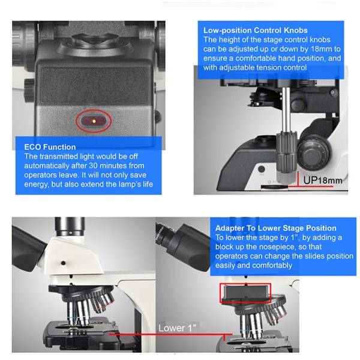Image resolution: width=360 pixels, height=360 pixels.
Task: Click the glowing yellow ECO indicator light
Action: pyautogui.click(x=94, y=121)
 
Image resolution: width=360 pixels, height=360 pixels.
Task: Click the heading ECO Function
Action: pyautogui.click(x=50, y=147)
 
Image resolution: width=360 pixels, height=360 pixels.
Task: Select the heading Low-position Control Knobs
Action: pyautogui.click(x=256, y=31)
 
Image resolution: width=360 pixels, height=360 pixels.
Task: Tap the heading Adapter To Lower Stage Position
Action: pyautogui.click(x=276, y=228)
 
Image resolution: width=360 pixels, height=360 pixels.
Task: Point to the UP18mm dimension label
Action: pyautogui.click(x=323, y=180)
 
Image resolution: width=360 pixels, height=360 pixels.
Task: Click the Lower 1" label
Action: pyautogui.click(x=177, y=328)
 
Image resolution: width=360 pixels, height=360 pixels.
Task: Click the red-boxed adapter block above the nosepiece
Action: pyautogui.click(x=245, y=293)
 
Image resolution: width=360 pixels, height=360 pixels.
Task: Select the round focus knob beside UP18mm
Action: pyautogui.click(x=313, y=152)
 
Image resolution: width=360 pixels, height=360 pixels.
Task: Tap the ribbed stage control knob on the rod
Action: pyautogui.click(x=287, y=156)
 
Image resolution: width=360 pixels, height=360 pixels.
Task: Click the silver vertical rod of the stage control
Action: pyautogui.click(x=286, y=110)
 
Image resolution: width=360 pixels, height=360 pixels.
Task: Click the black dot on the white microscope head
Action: pyautogui.click(x=64, y=263)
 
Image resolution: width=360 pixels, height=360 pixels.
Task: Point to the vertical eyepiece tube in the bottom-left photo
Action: pyautogui.click(x=70, y=227)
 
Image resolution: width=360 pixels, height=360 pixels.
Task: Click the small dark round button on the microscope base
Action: pyautogui.click(x=261, y=169)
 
